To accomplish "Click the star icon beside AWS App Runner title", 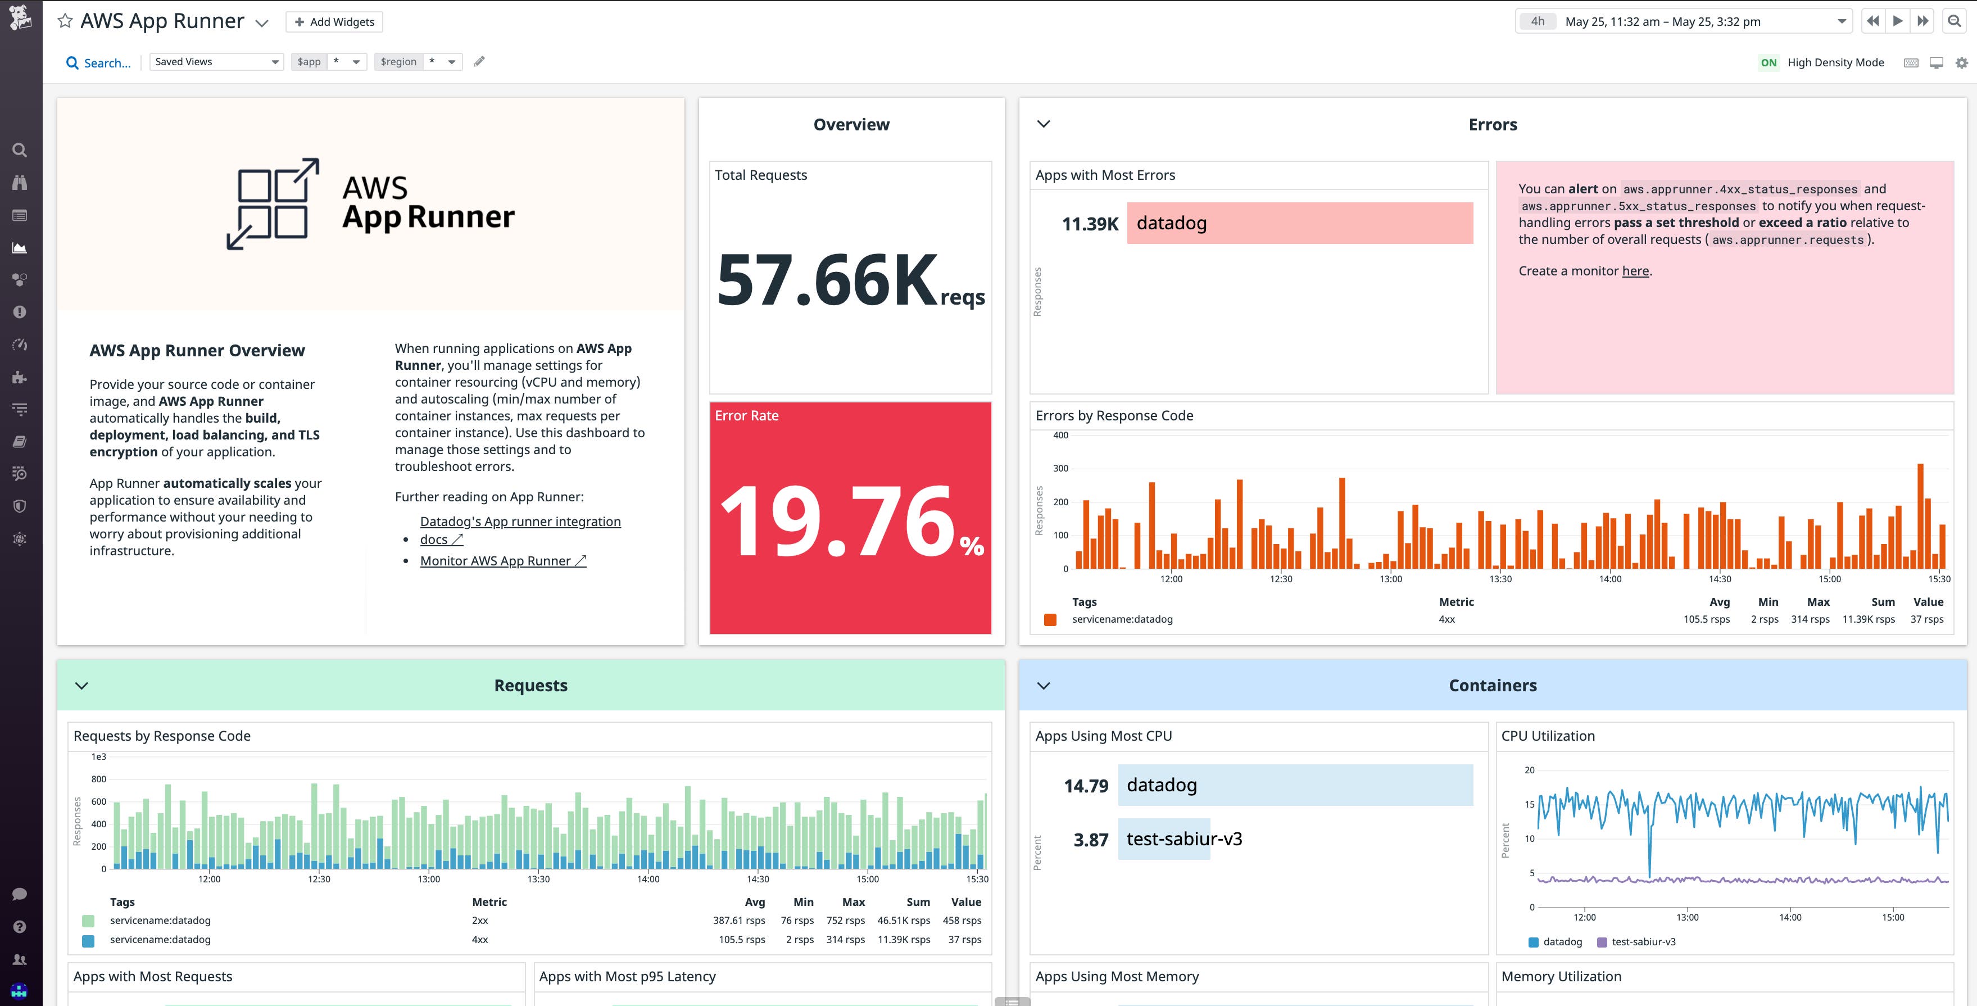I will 65,21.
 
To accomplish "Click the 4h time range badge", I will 1537,21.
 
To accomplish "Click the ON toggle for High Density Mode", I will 1769,63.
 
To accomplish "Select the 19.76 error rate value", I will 837,522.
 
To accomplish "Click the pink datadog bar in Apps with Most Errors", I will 1299,223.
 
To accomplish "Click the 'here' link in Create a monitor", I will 1635,271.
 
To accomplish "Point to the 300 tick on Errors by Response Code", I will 1060,468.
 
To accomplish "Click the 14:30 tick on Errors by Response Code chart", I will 1720,578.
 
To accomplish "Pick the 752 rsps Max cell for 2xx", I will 845,920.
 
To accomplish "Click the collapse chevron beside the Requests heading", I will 81,685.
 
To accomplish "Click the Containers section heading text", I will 1492,685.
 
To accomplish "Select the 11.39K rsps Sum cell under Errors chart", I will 1868,619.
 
